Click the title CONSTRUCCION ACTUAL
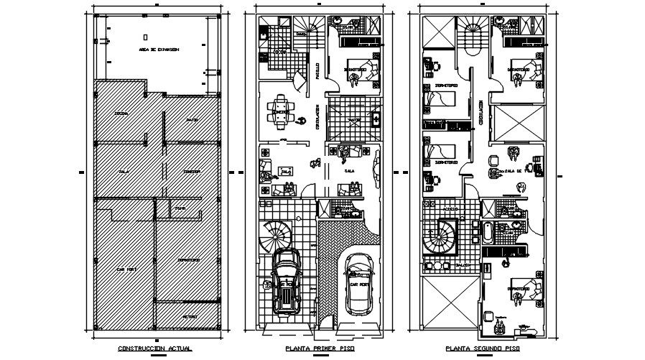[154, 349]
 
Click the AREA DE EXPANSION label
[159, 50]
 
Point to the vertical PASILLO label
[317, 70]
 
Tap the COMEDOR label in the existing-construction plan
[191, 172]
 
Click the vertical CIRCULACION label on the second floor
[481, 113]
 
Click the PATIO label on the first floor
[353, 120]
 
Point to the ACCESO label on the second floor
[450, 209]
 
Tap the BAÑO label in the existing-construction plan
[180, 208]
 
